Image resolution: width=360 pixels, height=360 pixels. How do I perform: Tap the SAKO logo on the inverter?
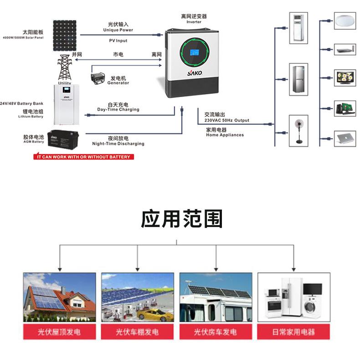[192, 72]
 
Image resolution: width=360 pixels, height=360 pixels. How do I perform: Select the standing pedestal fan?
[299, 131]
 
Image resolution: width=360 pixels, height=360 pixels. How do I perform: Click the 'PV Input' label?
[118, 41]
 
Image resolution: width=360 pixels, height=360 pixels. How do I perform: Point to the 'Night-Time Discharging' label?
[118, 144]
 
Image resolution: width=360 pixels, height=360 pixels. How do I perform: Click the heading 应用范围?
[181, 219]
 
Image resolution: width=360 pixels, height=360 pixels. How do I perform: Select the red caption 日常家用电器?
[293, 332]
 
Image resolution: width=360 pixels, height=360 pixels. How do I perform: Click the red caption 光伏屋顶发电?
[59, 332]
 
